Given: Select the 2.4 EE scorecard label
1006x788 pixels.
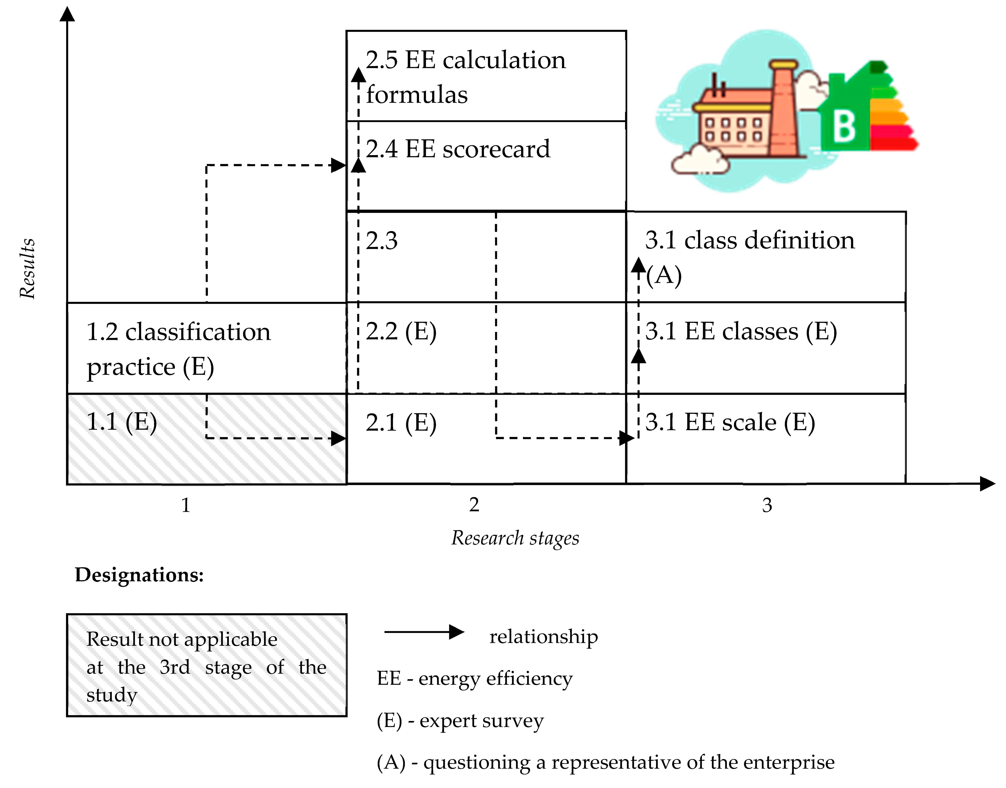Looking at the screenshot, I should [x=458, y=149].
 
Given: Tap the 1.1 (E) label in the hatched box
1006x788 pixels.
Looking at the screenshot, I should [x=122, y=422].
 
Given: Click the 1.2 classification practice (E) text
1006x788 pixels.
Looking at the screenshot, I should [x=179, y=349].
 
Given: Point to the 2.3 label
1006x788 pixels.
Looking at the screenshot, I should [x=382, y=241].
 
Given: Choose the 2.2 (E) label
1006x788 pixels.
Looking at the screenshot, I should [x=401, y=331].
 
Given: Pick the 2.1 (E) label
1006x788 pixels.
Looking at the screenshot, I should [x=401, y=423].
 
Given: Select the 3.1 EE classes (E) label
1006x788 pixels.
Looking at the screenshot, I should [x=741, y=331].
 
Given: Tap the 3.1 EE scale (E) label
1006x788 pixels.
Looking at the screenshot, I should [x=730, y=423].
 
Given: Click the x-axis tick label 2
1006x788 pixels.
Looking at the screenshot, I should [x=474, y=505].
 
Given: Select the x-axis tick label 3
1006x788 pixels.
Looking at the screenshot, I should [x=767, y=505].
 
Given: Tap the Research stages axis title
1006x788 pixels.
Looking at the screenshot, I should [x=515, y=538].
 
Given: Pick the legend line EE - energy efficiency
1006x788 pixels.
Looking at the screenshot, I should [x=475, y=678].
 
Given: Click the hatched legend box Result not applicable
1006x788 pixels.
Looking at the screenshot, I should [x=206, y=665].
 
